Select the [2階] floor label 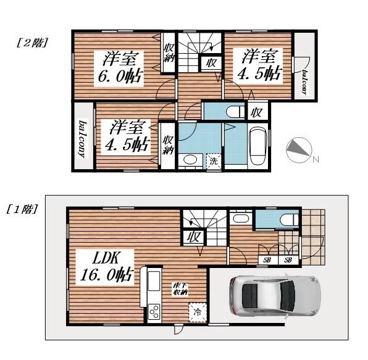29,44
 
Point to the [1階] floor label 25,209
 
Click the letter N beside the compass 316,161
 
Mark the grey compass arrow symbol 299,148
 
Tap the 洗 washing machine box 213,161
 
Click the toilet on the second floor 233,112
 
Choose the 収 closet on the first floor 193,237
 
